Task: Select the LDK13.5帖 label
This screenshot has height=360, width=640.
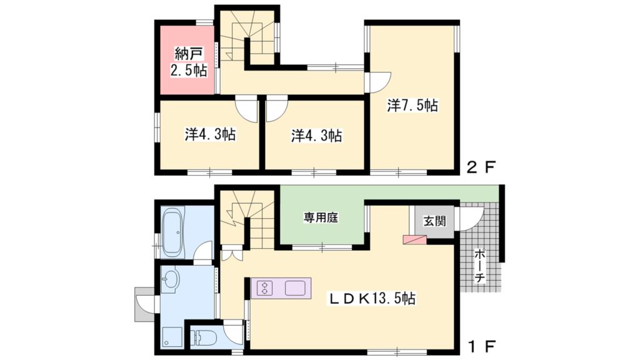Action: pos(372,299)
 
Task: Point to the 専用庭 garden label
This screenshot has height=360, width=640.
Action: pos(321,218)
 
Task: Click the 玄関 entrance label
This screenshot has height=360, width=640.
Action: pos(434,221)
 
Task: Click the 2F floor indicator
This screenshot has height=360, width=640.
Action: pos(482,167)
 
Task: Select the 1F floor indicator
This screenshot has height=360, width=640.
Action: pos(482,346)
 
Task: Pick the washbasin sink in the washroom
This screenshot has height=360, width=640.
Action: pos(169,279)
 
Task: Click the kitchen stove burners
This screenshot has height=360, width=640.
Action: pos(265,289)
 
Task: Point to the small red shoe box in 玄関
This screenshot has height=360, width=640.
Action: pos(414,238)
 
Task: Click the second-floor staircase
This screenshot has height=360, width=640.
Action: pos(247,37)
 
